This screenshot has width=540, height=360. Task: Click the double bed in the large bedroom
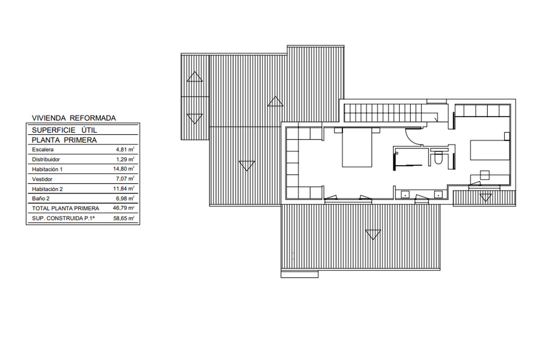tap(357, 148)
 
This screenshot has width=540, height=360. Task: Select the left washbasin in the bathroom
tap(405, 194)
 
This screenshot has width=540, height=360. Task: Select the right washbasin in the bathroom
tap(438, 194)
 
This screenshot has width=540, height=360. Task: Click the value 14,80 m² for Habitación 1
tap(124, 169)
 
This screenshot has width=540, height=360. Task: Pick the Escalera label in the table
tap(43, 149)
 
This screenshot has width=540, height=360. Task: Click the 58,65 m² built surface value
tap(124, 218)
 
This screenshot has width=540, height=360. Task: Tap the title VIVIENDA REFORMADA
tap(74, 118)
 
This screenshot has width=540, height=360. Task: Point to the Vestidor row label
tap(42, 179)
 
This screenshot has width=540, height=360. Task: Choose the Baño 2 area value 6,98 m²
tap(125, 198)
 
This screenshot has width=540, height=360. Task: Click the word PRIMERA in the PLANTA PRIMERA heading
tap(80, 140)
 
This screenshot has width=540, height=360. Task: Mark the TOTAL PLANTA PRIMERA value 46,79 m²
tap(123, 208)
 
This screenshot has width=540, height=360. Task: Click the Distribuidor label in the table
tap(46, 159)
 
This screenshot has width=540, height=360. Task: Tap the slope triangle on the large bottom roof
tap(373, 234)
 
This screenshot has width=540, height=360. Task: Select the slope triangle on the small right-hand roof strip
tap(485, 198)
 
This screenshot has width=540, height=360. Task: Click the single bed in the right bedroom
tap(490, 150)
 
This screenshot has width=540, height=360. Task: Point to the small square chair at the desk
tap(485, 175)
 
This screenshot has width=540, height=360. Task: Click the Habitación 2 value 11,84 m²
tap(124, 188)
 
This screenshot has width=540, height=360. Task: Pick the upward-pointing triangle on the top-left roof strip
tap(195, 76)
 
